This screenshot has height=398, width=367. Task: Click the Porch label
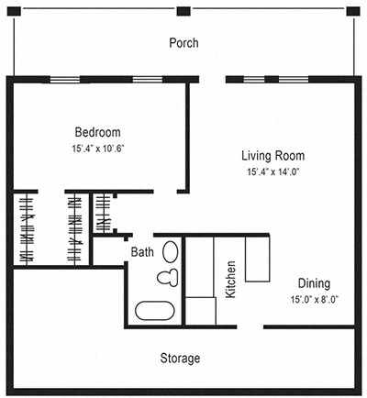[183, 43]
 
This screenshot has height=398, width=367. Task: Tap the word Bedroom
[97, 132]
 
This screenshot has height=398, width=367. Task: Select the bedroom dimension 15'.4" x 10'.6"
[97, 149]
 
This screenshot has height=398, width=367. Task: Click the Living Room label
[273, 155]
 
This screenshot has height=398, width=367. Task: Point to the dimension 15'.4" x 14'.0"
[273, 171]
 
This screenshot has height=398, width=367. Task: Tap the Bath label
[142, 251]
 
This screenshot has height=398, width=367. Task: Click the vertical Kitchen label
[231, 280]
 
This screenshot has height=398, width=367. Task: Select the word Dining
[313, 283]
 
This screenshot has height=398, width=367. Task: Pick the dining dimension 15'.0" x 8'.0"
[313, 299]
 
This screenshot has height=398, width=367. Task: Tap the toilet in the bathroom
[166, 277]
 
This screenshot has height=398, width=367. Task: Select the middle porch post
[183, 11]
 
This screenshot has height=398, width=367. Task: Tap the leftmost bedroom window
[63, 80]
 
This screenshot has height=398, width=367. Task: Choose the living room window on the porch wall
[256, 80]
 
